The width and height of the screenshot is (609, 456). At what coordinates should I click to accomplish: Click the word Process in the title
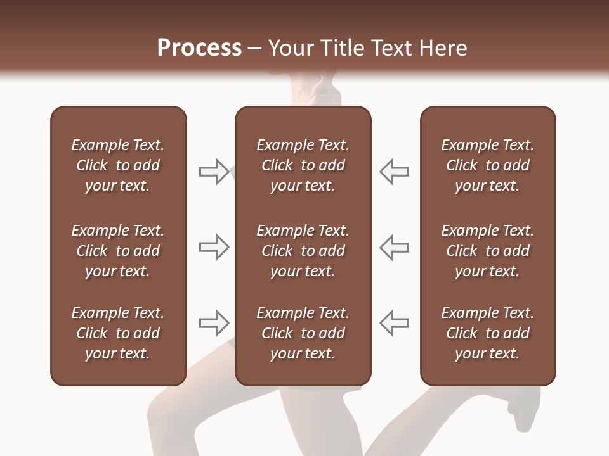click(199, 48)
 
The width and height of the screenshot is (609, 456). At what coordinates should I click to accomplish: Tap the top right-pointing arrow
click(214, 172)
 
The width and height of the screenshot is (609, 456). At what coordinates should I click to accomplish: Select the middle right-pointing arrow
click(214, 247)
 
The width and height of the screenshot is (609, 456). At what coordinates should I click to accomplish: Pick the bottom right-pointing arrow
click(214, 323)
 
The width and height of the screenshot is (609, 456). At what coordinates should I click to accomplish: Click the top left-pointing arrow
click(395, 172)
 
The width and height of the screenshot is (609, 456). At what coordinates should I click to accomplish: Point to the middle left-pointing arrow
click(395, 247)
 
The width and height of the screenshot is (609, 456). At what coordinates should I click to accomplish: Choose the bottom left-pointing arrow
click(395, 323)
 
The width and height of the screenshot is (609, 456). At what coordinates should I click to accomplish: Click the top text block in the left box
click(118, 165)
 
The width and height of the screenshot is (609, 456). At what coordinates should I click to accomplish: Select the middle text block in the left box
click(118, 251)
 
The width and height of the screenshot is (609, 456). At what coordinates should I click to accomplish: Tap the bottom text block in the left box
click(118, 333)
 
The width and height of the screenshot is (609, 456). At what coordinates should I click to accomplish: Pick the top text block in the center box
click(303, 165)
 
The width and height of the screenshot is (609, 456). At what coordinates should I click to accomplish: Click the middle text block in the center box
click(303, 251)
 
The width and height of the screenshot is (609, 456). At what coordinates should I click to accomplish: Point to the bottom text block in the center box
click(303, 333)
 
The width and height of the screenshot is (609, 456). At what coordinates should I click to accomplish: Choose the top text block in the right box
click(487, 165)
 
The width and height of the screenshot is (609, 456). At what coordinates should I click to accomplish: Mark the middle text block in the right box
click(487, 251)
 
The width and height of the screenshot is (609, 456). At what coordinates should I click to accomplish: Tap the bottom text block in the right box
click(487, 333)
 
